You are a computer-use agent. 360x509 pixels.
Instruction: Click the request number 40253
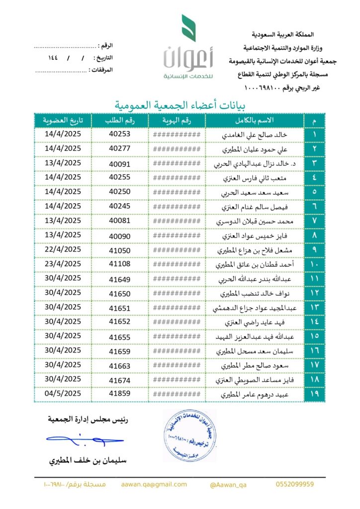click(119, 134)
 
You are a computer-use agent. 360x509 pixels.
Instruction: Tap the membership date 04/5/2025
click(63, 394)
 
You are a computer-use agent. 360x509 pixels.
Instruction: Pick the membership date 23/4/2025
click(63, 264)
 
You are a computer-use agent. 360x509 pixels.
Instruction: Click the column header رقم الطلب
click(119, 121)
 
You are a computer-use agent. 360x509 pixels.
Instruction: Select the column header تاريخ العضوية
click(63, 121)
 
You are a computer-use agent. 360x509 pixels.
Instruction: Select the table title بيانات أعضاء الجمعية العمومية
click(181, 105)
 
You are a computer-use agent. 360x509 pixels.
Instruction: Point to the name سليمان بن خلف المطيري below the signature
click(88, 460)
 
